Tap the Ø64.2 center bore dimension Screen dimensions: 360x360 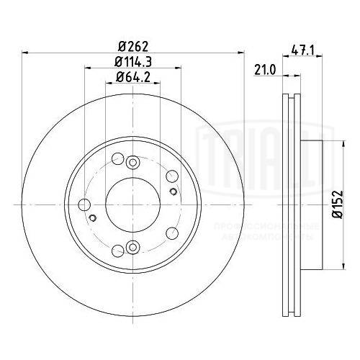131,78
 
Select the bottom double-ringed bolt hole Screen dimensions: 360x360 131,248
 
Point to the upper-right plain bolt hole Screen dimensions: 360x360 171,177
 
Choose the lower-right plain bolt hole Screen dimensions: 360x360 171,232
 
